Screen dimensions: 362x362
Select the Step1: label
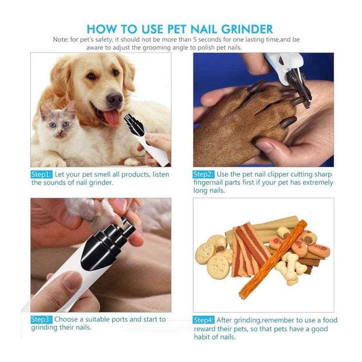(42, 174)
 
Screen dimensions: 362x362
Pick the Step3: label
(42, 319)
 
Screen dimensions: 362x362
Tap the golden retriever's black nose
(114, 98)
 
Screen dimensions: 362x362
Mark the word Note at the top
(60, 40)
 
